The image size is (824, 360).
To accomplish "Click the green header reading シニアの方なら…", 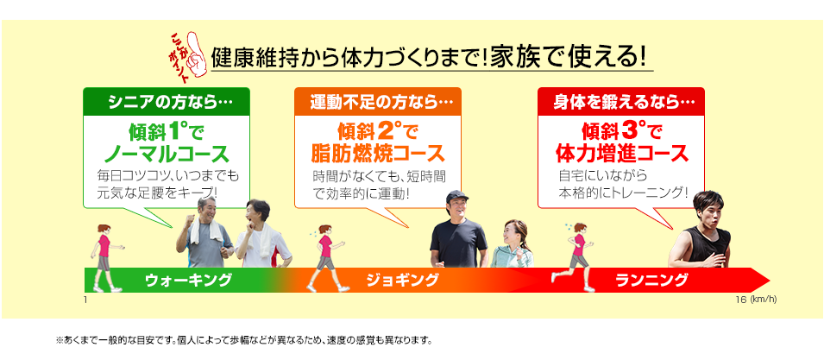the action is (166, 101).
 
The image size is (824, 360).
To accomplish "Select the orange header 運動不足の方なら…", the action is (377, 101).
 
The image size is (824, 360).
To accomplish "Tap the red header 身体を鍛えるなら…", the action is (620, 101).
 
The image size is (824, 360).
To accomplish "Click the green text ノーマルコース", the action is (166, 155).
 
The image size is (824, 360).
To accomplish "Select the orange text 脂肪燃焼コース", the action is (377, 155).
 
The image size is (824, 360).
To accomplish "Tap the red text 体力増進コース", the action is (621, 155).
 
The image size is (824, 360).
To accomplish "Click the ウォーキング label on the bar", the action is (187, 280).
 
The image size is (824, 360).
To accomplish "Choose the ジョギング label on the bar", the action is (402, 280).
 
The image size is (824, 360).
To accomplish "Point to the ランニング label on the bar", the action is (651, 280).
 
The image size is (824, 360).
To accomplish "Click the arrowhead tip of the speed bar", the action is (770, 280).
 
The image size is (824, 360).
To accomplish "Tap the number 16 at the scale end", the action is (739, 300).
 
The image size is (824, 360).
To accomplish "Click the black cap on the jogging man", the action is (456, 197).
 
